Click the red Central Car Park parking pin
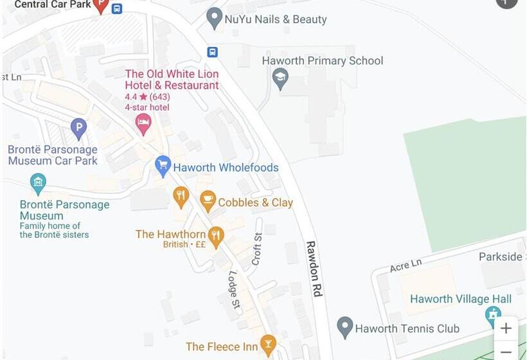[x=101, y=5]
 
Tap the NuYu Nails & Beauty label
[x=275, y=19]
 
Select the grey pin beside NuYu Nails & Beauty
[x=215, y=18]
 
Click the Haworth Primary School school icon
[x=280, y=79]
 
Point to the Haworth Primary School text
[x=322, y=61]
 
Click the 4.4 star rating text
[x=147, y=96]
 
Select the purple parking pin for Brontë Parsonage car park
[x=78, y=129]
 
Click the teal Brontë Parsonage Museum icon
[x=38, y=183]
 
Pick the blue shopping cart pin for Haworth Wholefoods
[x=163, y=166]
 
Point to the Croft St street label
[x=257, y=249]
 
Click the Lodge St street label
[x=234, y=289]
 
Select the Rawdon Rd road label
[x=314, y=268]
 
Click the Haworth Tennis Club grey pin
[x=345, y=327]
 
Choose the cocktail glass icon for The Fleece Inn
[x=268, y=345]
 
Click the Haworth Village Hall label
[x=461, y=299]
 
